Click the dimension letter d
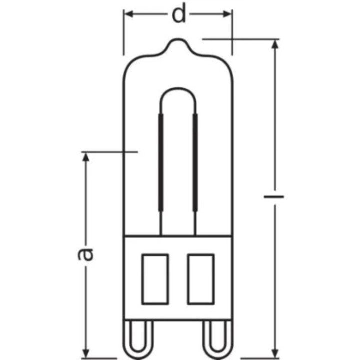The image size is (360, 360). tap(178, 15)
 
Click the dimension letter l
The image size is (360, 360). tap(274, 197)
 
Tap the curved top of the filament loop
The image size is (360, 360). tap(178, 89)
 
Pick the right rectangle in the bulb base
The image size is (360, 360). tap(200, 278)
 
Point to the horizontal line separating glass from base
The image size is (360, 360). tap(178, 235)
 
